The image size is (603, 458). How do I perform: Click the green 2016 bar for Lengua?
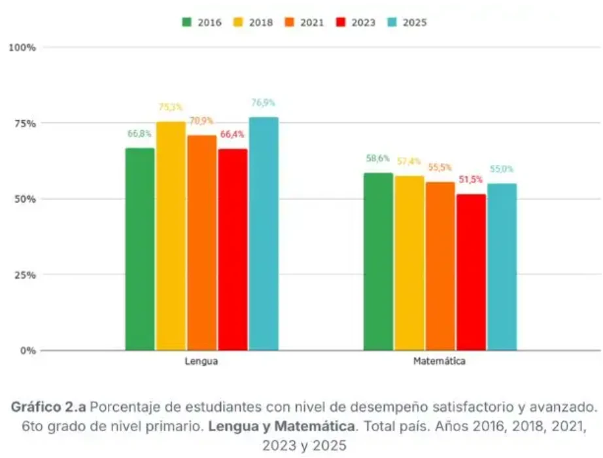(140, 249)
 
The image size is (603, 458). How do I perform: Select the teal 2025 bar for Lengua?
(264, 234)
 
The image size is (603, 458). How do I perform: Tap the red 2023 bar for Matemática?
(472, 272)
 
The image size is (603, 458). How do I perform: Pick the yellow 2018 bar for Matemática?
(409, 263)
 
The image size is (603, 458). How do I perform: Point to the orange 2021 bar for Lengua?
(202, 243)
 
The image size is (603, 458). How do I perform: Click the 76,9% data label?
(264, 103)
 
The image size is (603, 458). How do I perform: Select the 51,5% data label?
(471, 179)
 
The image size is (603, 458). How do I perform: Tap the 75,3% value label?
(171, 107)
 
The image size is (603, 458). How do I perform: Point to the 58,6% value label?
(378, 158)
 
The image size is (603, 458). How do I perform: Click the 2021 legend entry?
(305, 22)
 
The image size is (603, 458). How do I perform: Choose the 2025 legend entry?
(407, 22)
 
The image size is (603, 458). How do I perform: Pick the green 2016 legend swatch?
(187, 22)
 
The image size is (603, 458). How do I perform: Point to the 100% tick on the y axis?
(22, 48)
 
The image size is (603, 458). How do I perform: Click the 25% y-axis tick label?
(26, 275)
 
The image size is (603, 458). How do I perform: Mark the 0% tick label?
(28, 350)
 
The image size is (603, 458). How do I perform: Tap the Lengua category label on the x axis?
(201, 361)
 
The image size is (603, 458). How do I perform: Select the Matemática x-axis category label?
(439, 361)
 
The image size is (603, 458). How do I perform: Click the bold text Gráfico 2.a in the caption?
(48, 407)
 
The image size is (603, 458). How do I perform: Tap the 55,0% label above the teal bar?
(502, 169)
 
